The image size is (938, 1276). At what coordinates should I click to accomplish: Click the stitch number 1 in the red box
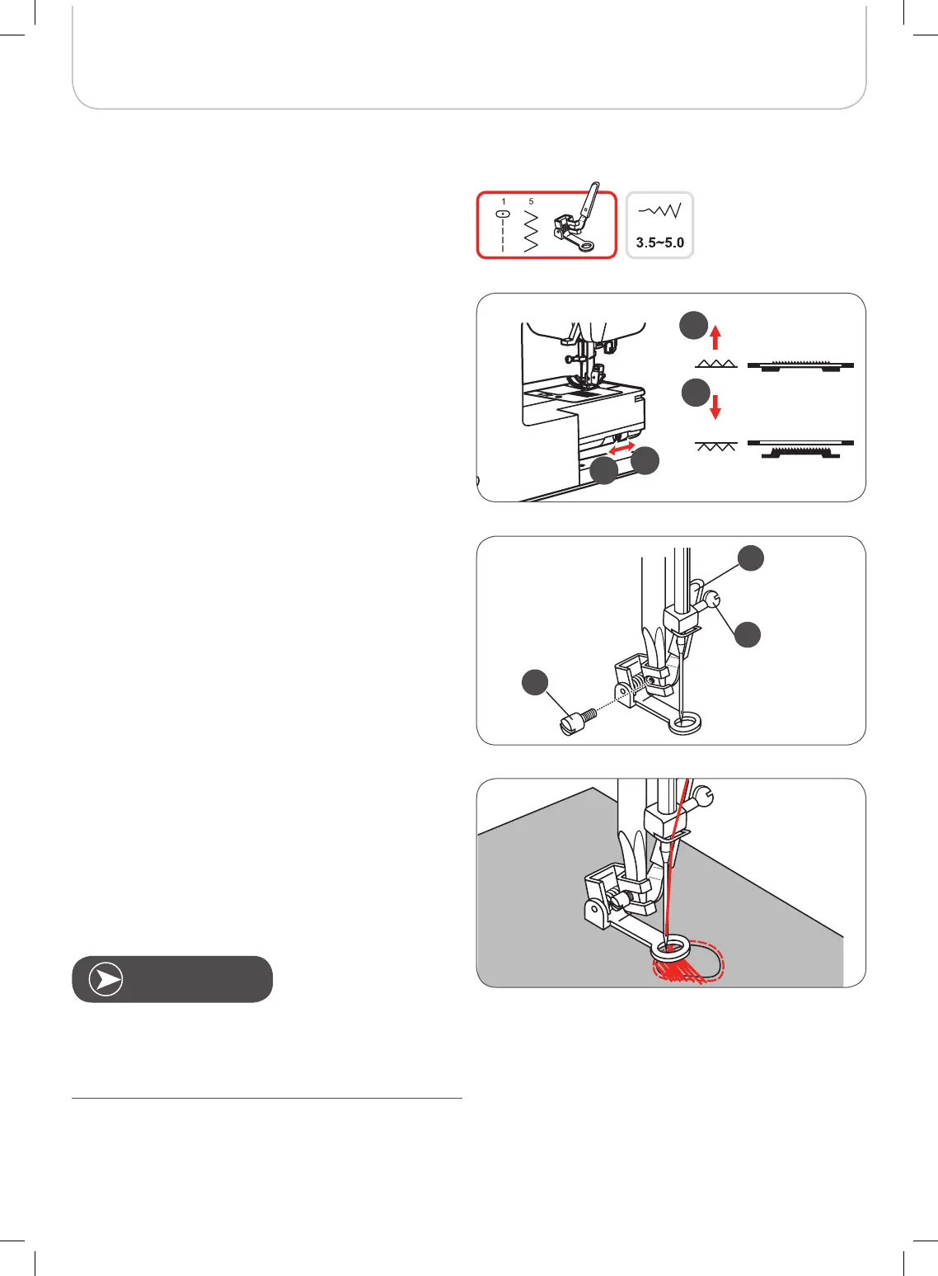click(x=503, y=201)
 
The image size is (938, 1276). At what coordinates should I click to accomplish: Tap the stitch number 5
click(x=531, y=201)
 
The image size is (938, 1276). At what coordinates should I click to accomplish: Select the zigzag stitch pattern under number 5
click(x=531, y=231)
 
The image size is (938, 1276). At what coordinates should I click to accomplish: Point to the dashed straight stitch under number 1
click(x=503, y=231)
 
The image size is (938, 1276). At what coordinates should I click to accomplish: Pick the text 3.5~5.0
click(x=659, y=242)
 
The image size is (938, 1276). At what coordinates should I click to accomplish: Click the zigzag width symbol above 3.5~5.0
click(x=659, y=211)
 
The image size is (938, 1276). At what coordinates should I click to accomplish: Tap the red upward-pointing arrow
click(x=716, y=337)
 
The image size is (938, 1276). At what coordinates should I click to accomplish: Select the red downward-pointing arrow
click(x=715, y=407)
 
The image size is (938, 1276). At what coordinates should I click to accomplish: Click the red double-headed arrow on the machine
click(x=621, y=448)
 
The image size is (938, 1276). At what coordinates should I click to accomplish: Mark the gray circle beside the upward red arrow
click(x=693, y=325)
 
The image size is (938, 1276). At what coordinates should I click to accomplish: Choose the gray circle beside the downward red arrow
click(x=696, y=393)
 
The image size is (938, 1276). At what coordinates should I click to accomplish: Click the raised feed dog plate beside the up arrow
click(x=800, y=365)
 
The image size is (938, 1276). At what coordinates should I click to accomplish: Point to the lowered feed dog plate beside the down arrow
click(x=800, y=449)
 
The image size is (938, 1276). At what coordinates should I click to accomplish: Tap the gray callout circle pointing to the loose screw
click(x=535, y=683)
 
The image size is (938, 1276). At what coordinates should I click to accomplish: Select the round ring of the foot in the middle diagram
click(x=685, y=723)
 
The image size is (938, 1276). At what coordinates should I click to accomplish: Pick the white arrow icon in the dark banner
click(x=106, y=980)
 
